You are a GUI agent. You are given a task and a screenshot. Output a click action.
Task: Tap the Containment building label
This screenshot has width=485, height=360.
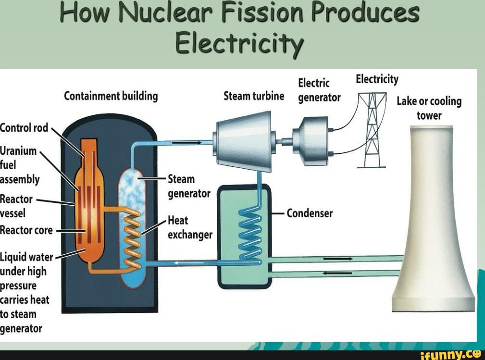pyautogui.click(x=111, y=96)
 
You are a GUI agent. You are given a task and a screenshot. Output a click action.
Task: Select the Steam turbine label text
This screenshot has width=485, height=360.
pyautogui.click(x=254, y=96)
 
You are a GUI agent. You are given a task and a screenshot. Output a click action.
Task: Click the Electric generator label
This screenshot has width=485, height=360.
pyautogui.click(x=319, y=90)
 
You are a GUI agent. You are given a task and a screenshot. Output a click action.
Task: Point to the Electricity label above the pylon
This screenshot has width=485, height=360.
pyautogui.click(x=377, y=79)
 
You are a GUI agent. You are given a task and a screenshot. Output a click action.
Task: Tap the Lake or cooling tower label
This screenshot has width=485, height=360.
pyautogui.click(x=429, y=108)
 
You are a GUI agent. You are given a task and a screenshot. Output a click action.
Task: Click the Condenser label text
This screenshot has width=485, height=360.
pyautogui.click(x=310, y=213)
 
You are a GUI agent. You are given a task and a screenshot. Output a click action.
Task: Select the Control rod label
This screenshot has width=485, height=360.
pyautogui.click(x=24, y=128)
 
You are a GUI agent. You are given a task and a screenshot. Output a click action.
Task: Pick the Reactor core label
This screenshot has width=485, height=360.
pyautogui.click(x=26, y=230)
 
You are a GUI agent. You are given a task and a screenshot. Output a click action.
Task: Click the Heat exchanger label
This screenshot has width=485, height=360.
pyautogui.click(x=189, y=227)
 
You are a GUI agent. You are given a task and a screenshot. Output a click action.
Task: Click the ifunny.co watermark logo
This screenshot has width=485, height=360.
pyautogui.click(x=450, y=355)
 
